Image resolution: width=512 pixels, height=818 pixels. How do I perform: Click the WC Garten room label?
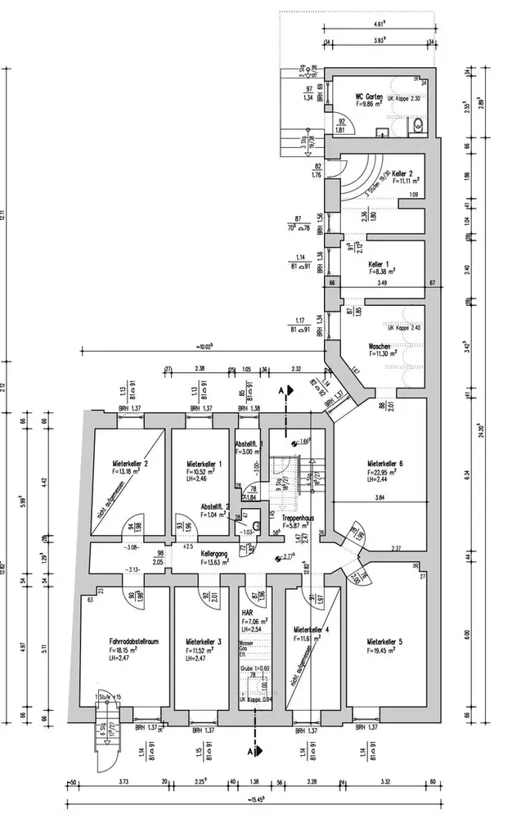click(x=370, y=96)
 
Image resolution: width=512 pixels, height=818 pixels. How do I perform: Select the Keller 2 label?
click(x=402, y=175)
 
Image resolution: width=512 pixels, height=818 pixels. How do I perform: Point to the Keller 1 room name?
click(x=378, y=265)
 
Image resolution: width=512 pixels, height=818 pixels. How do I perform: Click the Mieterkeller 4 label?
click(x=311, y=630)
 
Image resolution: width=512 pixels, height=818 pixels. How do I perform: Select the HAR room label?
click(x=247, y=612)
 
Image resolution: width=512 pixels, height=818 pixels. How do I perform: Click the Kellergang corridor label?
click(x=214, y=553)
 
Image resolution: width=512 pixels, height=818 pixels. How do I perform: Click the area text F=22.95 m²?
click(x=381, y=472)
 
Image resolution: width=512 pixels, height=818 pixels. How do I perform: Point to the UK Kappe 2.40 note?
click(x=405, y=327)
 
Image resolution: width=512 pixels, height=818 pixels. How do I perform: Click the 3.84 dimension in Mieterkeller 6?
click(x=379, y=497)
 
